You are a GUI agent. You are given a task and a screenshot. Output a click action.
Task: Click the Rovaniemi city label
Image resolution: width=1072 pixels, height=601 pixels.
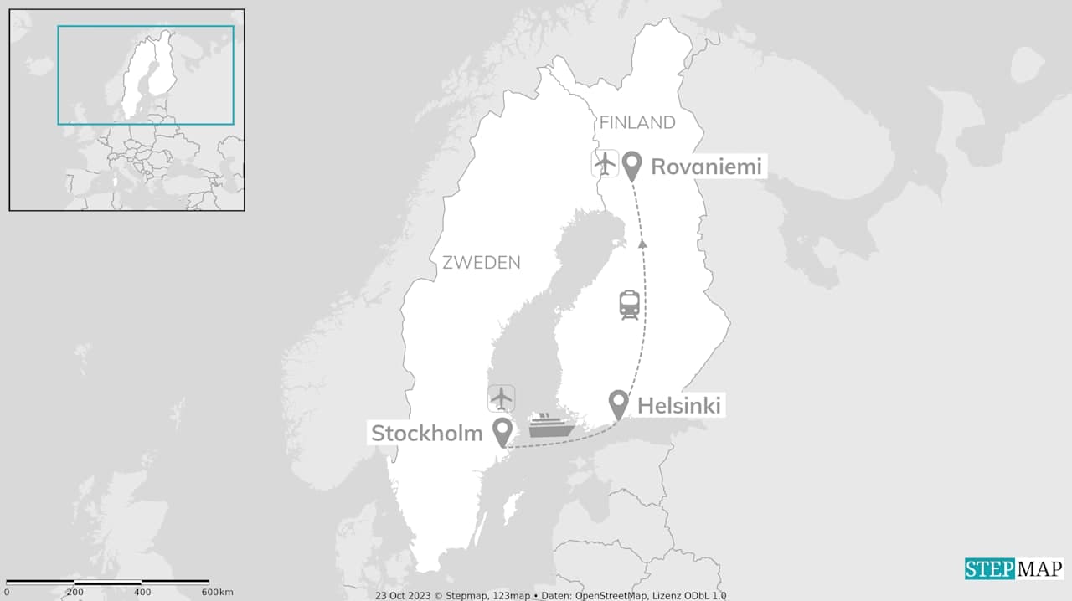click(x=706, y=167)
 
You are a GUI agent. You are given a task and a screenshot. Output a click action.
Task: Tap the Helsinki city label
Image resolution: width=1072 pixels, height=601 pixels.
click(x=679, y=406)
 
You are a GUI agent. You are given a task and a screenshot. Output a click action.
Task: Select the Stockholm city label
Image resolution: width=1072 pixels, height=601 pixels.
click(x=427, y=433)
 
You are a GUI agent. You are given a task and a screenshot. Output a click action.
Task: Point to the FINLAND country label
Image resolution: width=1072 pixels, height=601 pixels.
click(x=637, y=122)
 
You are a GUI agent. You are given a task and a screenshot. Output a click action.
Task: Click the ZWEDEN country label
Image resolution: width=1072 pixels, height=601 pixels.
click(x=482, y=262)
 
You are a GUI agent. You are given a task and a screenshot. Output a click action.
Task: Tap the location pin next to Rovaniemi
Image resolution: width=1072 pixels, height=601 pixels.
click(x=632, y=166)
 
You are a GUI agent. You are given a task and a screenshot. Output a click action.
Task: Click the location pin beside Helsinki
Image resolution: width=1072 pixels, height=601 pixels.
click(x=618, y=404)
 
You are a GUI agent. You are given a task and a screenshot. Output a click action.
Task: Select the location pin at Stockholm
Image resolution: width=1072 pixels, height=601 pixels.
click(x=502, y=432)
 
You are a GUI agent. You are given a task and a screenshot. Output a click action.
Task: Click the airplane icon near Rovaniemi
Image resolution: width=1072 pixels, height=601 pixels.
click(x=605, y=163)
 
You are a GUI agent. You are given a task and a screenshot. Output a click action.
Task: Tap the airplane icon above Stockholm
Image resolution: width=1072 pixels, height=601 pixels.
click(x=502, y=398)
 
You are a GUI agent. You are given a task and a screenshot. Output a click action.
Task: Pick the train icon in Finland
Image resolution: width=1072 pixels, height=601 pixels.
click(x=630, y=305)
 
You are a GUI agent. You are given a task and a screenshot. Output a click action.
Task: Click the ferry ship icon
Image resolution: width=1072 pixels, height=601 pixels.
click(x=551, y=425)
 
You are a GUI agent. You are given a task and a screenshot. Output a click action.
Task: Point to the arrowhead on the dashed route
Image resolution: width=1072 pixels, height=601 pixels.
click(x=643, y=243)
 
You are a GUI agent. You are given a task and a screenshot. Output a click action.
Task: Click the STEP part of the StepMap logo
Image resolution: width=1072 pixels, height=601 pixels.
click(x=990, y=569)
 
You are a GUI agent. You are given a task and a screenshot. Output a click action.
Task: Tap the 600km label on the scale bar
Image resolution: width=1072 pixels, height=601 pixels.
click(x=217, y=593)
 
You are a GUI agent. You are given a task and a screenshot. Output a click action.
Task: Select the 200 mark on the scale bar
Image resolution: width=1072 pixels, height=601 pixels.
click(x=75, y=593)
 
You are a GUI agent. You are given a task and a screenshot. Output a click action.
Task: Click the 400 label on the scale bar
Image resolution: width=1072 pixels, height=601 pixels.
click(x=142, y=593)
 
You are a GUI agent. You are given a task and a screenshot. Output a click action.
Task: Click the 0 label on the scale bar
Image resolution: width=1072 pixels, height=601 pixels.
click(x=7, y=593)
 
